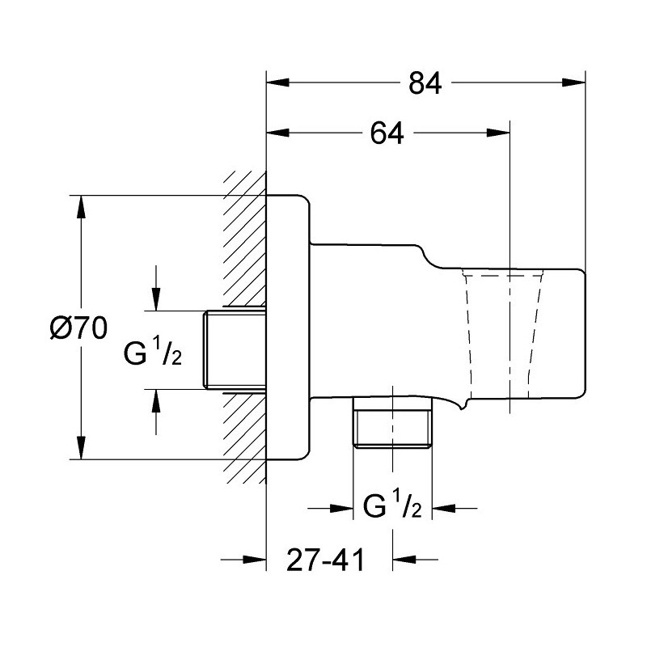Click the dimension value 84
pyautogui.click(x=425, y=84)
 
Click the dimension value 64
pyautogui.click(x=387, y=133)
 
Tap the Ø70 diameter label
pyautogui.click(x=78, y=328)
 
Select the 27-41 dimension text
pyautogui.click(x=326, y=560)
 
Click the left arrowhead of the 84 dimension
pyautogui.click(x=277, y=82)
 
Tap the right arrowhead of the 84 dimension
pyautogui.click(x=574, y=82)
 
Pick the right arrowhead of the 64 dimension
pyautogui.click(x=498, y=133)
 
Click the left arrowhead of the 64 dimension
pyautogui.click(x=277, y=133)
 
